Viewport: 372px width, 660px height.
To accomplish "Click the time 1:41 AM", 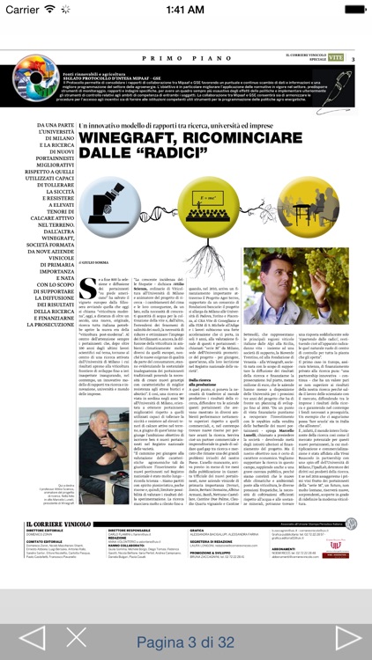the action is click(185, 10).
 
